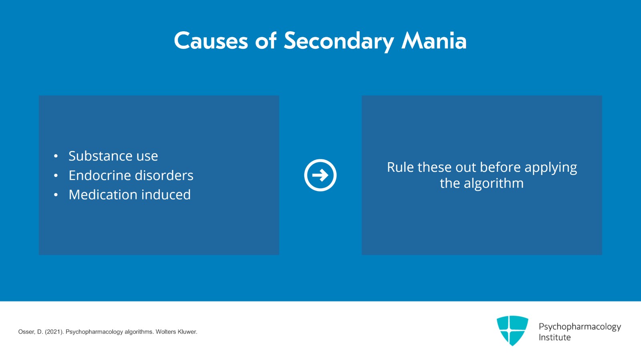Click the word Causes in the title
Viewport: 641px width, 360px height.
click(211, 41)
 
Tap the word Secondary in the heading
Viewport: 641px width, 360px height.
click(339, 41)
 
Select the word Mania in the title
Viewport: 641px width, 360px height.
click(434, 41)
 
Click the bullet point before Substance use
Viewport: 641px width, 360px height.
click(56, 156)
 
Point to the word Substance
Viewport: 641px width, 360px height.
click(100, 156)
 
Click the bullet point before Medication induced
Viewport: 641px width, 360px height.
click(56, 195)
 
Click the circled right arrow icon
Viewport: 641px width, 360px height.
click(320, 175)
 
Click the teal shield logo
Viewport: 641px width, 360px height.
click(512, 330)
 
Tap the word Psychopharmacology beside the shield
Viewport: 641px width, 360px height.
click(579, 327)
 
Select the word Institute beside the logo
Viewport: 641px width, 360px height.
click(554, 338)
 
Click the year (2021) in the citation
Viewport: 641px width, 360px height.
click(54, 332)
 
